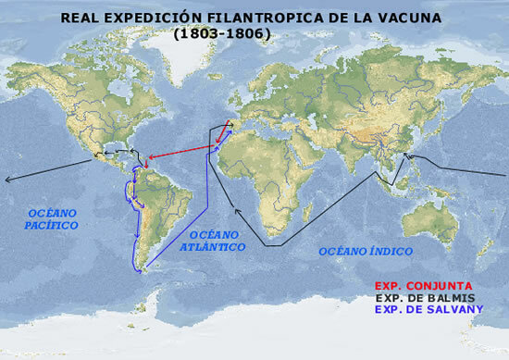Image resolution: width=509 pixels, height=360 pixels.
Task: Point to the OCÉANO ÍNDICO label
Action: tap(366, 252)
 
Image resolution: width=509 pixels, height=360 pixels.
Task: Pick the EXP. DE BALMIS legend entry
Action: tap(432, 297)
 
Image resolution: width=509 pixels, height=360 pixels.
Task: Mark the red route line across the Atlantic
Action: tap(185, 151)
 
